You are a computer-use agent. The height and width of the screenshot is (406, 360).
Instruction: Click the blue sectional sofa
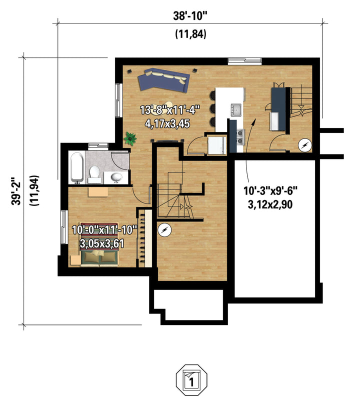click(163, 80)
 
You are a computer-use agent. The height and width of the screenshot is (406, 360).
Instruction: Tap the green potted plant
click(130, 138)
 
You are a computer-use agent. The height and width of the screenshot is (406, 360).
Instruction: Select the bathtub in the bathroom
click(77, 167)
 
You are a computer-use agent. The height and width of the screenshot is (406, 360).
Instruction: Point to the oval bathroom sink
click(116, 177)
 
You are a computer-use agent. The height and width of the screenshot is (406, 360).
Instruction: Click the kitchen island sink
click(236, 109)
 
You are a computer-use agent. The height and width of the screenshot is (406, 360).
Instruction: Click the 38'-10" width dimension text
click(190, 16)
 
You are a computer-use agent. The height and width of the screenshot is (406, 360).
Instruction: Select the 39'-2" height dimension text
click(16, 191)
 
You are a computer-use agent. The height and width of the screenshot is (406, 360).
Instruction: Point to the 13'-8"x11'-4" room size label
click(170, 110)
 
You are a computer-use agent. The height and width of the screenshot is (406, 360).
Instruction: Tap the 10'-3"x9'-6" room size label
click(270, 191)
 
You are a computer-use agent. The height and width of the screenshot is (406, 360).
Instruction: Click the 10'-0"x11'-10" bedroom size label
click(104, 229)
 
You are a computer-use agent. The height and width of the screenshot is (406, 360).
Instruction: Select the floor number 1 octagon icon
click(191, 380)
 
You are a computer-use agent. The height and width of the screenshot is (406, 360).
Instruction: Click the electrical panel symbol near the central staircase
click(164, 230)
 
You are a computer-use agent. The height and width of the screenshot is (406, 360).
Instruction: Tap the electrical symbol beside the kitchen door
click(304, 145)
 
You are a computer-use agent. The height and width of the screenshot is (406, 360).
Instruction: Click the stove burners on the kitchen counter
click(240, 136)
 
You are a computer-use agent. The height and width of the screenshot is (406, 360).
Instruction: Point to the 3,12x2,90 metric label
click(270, 204)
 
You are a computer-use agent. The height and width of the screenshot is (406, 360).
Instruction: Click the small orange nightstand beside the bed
click(75, 260)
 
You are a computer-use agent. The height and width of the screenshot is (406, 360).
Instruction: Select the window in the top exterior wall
click(244, 60)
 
